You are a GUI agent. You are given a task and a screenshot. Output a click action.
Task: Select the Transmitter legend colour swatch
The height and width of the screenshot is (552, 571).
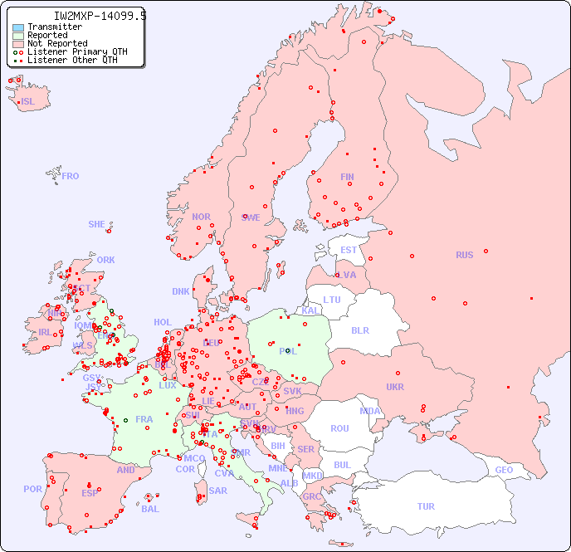18,27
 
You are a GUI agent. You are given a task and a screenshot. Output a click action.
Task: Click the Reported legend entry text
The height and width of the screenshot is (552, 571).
47,36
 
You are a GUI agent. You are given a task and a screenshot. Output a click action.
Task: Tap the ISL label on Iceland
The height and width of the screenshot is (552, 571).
28,102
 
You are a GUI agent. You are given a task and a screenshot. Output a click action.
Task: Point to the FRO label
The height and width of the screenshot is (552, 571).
71,176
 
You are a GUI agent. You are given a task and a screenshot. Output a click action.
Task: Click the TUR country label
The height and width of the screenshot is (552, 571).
426,506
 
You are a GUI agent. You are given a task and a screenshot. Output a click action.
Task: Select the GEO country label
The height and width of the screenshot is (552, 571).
504,470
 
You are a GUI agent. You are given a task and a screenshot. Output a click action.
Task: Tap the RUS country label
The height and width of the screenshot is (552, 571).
464,255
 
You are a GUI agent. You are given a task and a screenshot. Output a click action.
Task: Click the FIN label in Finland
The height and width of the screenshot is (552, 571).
347,177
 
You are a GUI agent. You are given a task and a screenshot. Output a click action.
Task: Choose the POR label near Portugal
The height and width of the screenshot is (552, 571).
32,489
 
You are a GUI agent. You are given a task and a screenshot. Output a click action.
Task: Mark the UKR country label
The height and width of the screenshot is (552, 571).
395,387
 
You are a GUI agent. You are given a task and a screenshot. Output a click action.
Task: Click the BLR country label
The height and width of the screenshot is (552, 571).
359,330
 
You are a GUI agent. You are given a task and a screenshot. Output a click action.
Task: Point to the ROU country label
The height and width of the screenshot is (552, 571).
339,428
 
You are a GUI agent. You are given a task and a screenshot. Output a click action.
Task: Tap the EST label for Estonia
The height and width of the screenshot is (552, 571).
349,250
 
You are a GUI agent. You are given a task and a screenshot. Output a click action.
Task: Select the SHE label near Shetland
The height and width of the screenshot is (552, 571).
97,224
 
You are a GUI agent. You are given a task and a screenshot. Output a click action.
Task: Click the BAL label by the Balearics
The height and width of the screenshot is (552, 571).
150,509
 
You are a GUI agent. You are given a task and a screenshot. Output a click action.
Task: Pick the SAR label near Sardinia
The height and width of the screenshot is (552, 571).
218,491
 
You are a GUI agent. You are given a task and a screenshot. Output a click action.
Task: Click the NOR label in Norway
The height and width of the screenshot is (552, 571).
201,217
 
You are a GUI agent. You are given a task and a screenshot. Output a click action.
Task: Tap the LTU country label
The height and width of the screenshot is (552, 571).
332,300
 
